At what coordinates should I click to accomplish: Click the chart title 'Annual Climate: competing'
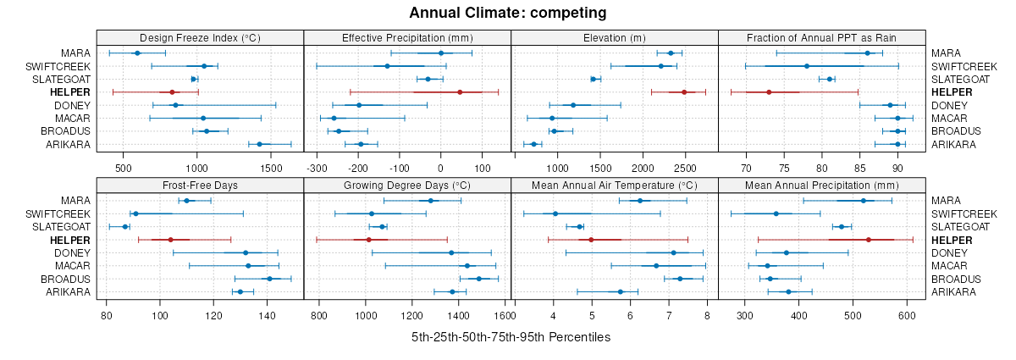click(x=507, y=13)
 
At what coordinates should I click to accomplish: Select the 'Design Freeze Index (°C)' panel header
click(x=200, y=37)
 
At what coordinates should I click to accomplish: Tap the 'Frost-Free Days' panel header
click(x=200, y=185)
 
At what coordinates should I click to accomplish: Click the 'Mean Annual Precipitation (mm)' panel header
click(x=821, y=185)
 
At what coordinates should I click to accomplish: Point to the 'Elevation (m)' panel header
click(x=614, y=37)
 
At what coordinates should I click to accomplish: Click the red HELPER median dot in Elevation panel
click(x=684, y=91)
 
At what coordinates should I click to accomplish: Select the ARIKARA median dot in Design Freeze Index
click(x=259, y=144)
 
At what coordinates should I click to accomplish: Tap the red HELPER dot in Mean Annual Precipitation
click(x=869, y=240)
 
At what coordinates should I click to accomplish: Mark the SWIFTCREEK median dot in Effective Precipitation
click(x=387, y=65)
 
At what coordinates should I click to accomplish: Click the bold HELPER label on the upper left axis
click(x=65, y=91)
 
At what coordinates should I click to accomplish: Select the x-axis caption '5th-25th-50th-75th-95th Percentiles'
click(x=511, y=337)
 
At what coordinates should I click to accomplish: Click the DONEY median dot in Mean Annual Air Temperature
click(x=673, y=252)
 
